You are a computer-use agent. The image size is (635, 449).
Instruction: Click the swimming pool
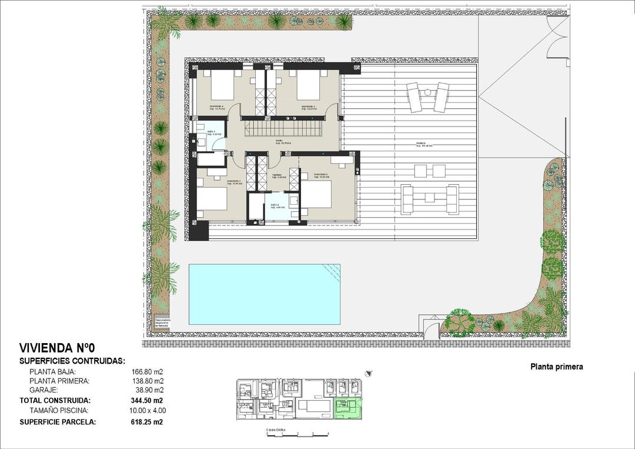pyautogui.click(x=264, y=294)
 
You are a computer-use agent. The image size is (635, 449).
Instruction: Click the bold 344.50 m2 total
pyautogui.click(x=146, y=400)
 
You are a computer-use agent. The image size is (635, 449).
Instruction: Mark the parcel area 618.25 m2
pyautogui.click(x=146, y=422)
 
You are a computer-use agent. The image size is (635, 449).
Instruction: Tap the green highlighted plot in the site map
pyautogui.click(x=347, y=407)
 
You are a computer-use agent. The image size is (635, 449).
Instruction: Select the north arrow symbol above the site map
pyautogui.click(x=369, y=372)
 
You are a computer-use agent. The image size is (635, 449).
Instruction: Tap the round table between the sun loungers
pyautogui.click(x=427, y=91)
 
